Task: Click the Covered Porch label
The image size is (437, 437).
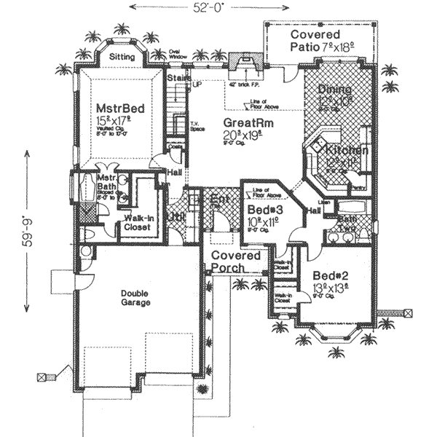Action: click(236, 261)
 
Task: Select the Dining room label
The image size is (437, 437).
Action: click(335, 90)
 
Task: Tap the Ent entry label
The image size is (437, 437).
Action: click(219, 200)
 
